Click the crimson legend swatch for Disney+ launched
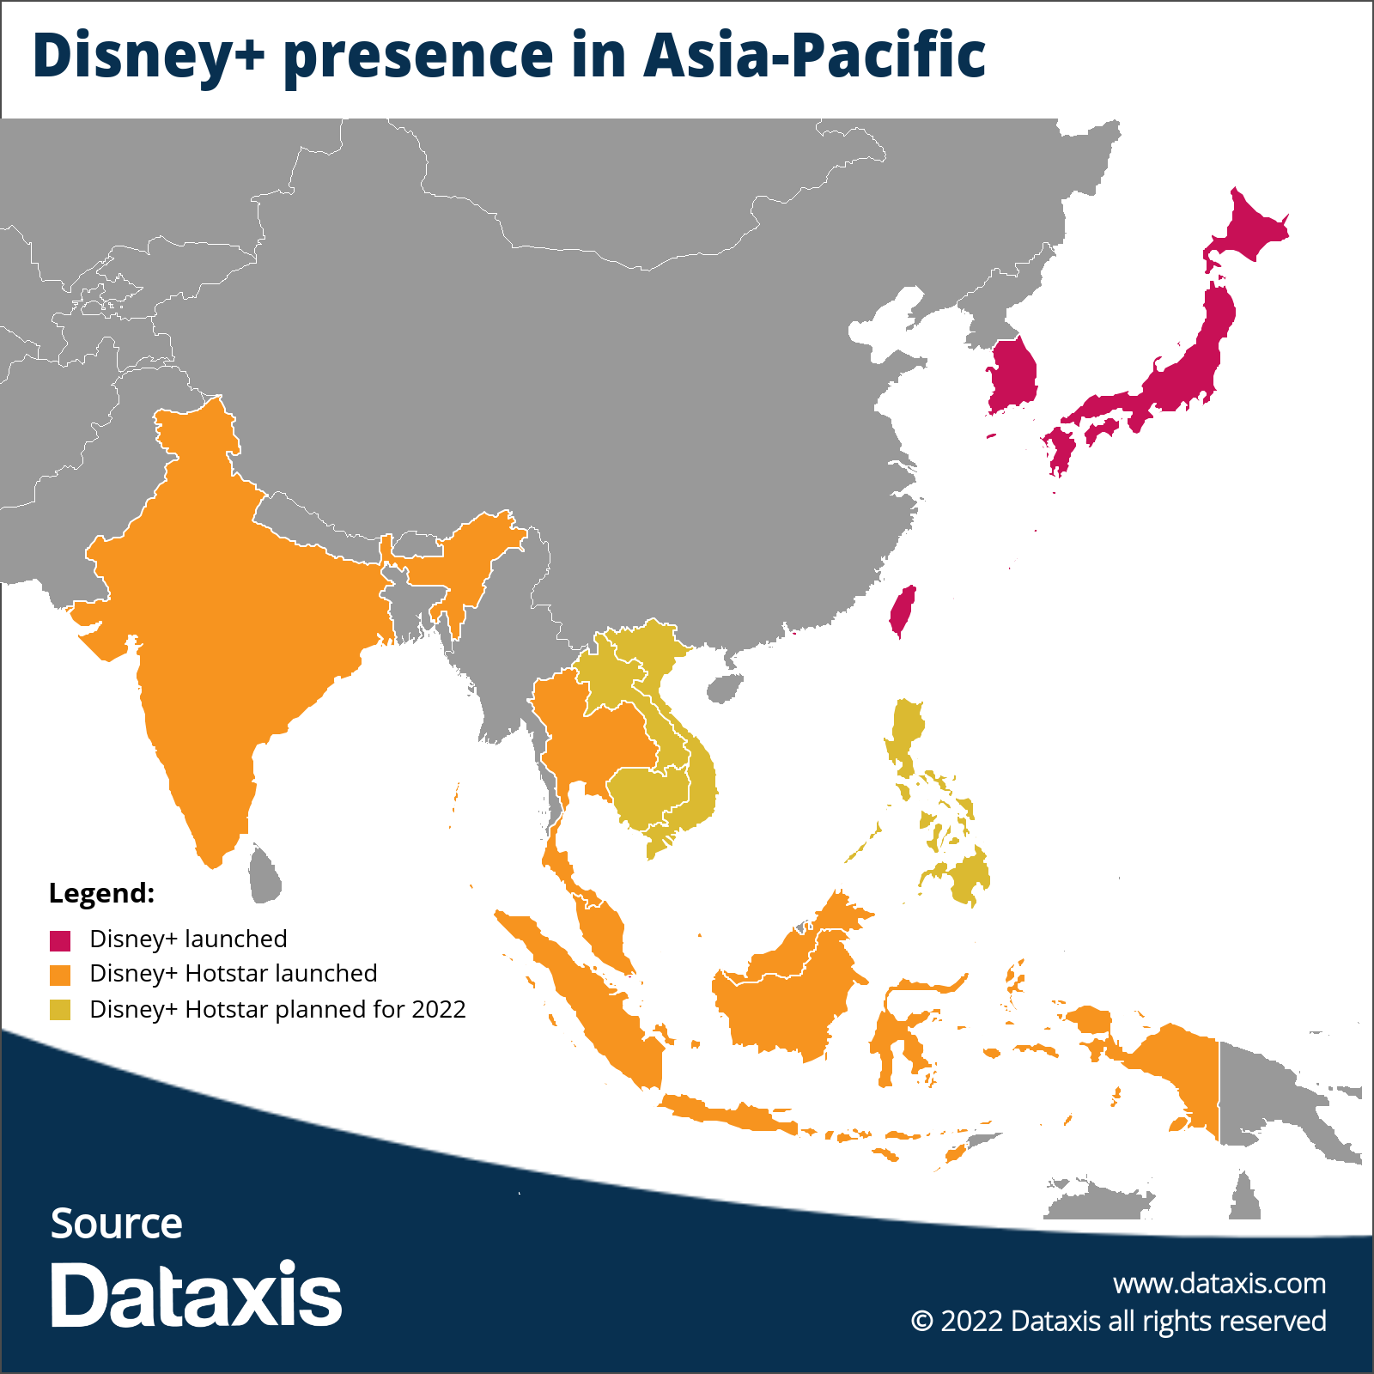(x=59, y=940)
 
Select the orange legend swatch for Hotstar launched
(x=59, y=976)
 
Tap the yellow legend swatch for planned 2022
(x=59, y=1010)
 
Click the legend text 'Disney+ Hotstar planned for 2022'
(x=277, y=1010)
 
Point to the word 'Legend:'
(x=101, y=893)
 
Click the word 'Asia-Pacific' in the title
(x=814, y=56)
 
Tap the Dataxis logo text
(x=196, y=1295)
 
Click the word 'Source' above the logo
(x=116, y=1224)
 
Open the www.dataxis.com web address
(x=1219, y=1284)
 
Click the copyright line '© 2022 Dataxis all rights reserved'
(x=1118, y=1321)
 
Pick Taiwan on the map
(x=902, y=610)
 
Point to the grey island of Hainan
(x=724, y=688)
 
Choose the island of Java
(x=730, y=1115)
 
